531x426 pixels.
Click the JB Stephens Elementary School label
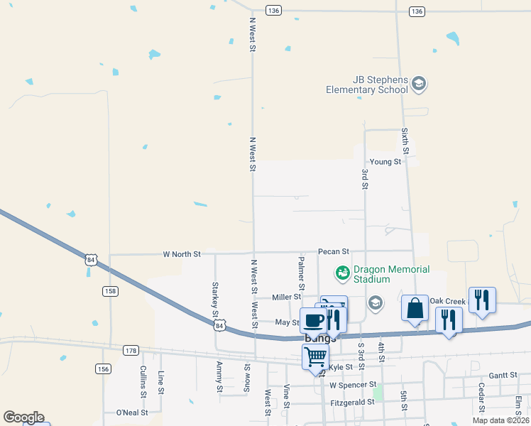[x=367, y=84]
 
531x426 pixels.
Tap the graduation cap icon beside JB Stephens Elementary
[x=419, y=84]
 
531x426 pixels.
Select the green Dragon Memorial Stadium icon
[x=343, y=272]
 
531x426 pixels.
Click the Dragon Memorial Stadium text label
[x=391, y=274]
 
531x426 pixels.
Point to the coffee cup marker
[x=314, y=320]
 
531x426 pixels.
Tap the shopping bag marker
[x=415, y=309]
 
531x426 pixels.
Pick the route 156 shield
[x=104, y=368]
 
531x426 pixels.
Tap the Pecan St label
[x=334, y=251]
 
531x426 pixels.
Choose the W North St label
[x=182, y=253]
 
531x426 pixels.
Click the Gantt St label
[x=503, y=375]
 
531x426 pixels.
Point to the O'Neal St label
[x=131, y=412]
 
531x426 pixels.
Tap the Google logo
[x=23, y=417]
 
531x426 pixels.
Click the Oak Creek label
[x=447, y=301]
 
